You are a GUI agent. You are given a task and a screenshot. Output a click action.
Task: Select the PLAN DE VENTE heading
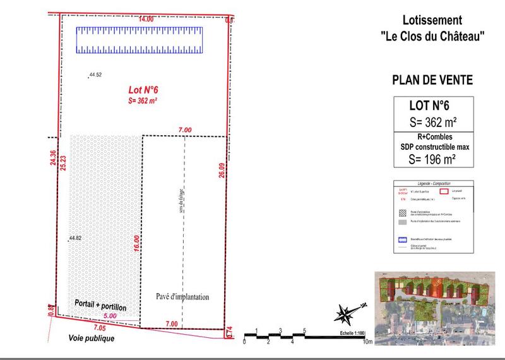tap(432, 81)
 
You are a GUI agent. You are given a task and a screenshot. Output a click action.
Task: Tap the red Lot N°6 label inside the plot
tap(143, 90)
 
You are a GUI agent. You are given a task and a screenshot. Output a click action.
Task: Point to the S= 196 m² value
tap(432, 159)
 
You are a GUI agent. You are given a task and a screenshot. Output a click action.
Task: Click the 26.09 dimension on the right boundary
tap(222, 167)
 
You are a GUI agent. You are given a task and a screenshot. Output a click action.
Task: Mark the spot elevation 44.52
tap(95, 75)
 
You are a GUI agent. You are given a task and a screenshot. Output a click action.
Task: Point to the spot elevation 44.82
tap(74, 238)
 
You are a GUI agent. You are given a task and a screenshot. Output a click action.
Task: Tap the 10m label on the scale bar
tap(368, 342)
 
